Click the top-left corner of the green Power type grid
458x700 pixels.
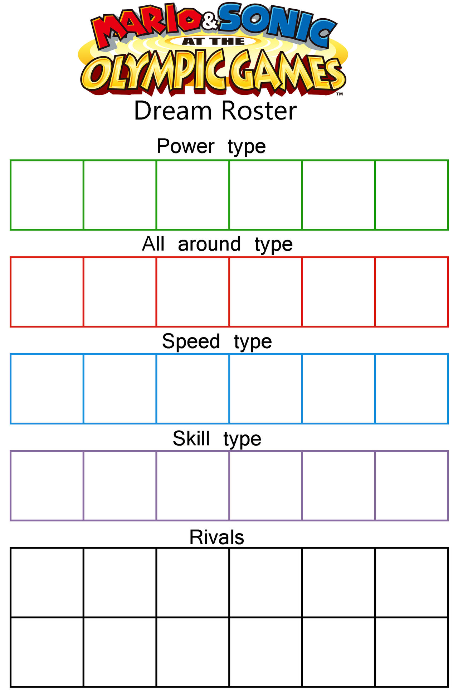point(11,160)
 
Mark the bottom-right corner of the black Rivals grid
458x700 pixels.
point(448,686)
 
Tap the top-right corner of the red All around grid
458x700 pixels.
point(448,257)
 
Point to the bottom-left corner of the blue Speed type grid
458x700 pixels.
point(11,423)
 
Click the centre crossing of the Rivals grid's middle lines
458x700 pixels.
point(229,617)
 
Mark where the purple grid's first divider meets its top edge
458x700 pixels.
point(83,451)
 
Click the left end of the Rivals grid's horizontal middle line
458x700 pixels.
point(11,617)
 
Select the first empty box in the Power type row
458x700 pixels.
point(47,195)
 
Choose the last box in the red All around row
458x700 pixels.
point(411,292)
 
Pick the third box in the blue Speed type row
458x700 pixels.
point(193,389)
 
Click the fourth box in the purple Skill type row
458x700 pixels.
point(266,486)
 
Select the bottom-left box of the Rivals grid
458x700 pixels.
point(47,652)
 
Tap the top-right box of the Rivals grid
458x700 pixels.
point(411,582)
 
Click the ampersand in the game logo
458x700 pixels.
point(210,22)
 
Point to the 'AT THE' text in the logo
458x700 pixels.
point(214,42)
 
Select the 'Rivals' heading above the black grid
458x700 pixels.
point(217,537)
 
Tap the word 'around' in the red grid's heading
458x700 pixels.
point(209,244)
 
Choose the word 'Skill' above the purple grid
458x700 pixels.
point(191,438)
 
